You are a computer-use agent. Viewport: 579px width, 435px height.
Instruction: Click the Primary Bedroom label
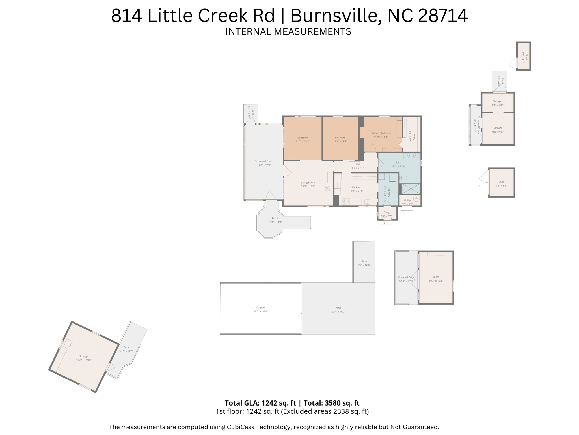[381, 133]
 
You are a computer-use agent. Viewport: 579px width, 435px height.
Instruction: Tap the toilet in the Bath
[403, 178]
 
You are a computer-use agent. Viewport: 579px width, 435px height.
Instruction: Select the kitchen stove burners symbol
[345, 202]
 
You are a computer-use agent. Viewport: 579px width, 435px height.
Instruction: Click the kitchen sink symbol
[367, 202]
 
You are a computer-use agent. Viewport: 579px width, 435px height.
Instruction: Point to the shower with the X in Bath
[411, 189]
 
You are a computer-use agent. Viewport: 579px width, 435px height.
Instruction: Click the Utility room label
[407, 200]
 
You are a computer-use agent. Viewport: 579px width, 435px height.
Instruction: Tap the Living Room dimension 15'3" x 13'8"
[308, 186]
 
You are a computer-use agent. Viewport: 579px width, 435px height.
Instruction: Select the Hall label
[358, 164]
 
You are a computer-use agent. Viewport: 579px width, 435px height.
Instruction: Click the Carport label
[261, 308]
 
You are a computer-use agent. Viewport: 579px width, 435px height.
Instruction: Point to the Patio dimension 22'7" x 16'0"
[338, 312]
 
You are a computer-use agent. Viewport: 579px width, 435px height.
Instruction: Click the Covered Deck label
[406, 277]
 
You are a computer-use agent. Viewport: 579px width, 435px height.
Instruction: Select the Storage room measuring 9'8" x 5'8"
[497, 103]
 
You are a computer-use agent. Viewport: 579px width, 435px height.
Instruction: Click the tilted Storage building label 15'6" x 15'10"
[84, 356]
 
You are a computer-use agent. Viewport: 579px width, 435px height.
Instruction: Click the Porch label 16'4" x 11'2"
[275, 218]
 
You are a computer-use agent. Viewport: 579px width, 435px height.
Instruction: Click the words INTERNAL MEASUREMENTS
[288, 31]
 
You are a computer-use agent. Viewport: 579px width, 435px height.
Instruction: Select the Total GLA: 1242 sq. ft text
[260, 403]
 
